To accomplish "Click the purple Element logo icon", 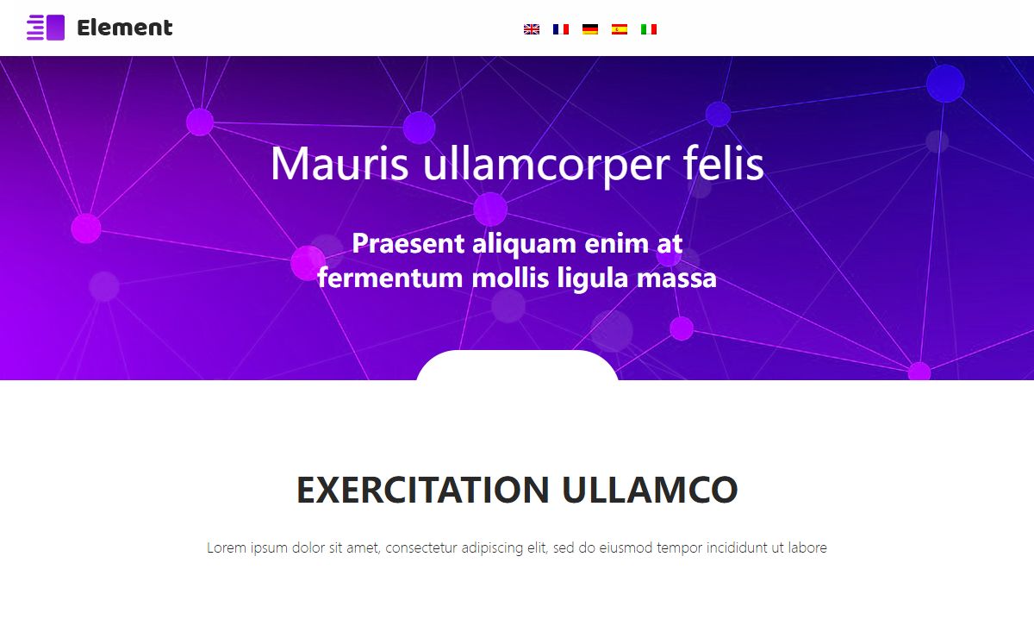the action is tap(46, 28).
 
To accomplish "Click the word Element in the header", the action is tap(125, 28).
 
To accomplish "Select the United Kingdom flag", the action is tap(532, 29).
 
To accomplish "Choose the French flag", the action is tap(561, 29).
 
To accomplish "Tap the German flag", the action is tap(590, 29).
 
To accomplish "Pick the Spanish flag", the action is tap(620, 29).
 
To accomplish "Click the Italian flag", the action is tap(649, 29).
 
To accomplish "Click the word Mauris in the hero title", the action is tap(339, 163).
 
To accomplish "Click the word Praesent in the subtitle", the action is tap(408, 243).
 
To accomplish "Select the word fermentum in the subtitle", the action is tap(390, 278).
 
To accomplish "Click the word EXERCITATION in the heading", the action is tap(423, 490).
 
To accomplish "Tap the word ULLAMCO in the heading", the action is tap(650, 490).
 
